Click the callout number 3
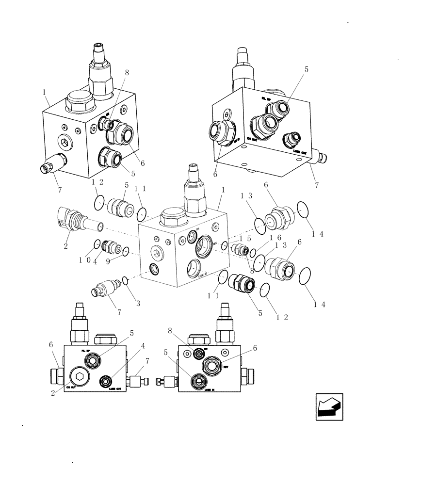pos(138,304)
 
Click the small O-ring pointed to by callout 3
pos(125,280)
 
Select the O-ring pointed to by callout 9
pos(126,251)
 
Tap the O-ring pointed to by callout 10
pos(97,243)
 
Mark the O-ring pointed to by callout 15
pos(225,246)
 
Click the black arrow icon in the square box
pos(329,406)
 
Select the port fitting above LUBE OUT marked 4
pos(105,381)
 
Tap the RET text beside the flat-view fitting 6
pos(226,367)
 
